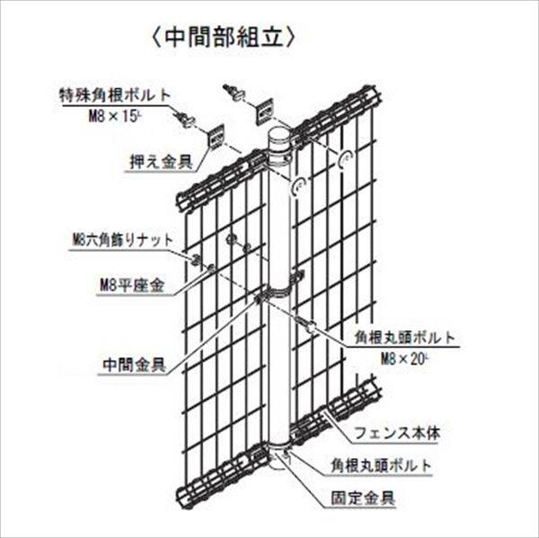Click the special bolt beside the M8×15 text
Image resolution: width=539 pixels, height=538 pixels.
[x=186, y=118]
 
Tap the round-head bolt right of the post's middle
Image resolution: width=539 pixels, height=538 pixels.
[x=308, y=328]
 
